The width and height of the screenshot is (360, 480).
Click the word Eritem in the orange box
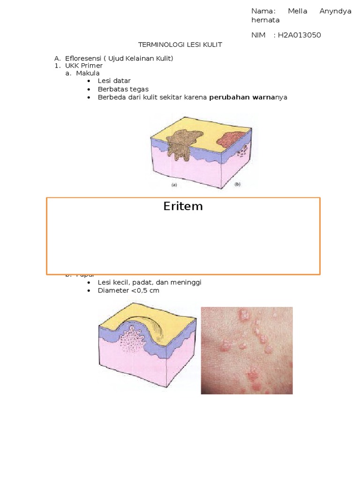[x=183, y=206]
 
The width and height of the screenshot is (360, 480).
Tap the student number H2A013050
[x=299, y=35]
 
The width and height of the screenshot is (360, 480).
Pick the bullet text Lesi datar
[x=114, y=81]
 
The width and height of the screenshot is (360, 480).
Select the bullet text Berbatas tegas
[x=123, y=89]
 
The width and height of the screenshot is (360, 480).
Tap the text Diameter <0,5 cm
[x=128, y=291]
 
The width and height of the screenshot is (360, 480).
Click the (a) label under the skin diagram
[x=174, y=185]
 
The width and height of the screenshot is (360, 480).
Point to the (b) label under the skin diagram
[x=237, y=185]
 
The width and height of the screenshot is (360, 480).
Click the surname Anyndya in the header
[x=335, y=11]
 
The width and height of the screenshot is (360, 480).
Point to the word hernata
[x=265, y=20]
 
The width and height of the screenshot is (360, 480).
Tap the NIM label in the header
[x=258, y=35]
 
